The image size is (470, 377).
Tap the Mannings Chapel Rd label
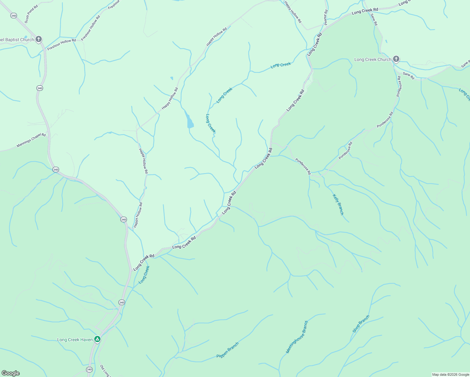coord(31,140)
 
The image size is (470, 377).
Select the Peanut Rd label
coord(326,17)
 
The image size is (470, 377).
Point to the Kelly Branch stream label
coord(338,205)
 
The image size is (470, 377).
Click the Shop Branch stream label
coord(361,324)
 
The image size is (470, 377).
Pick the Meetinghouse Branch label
coord(297,337)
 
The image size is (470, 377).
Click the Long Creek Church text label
coord(373,59)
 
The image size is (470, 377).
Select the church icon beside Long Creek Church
coord(396,59)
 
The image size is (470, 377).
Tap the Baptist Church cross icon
coord(38,39)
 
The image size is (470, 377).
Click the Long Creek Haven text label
coord(75,340)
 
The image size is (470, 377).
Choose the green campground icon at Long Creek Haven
coord(97,339)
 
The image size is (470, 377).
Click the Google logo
coord(10,373)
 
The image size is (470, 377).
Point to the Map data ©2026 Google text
coord(450,374)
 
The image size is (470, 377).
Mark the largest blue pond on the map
coord(189,121)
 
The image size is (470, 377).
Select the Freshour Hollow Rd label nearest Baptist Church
coord(62,45)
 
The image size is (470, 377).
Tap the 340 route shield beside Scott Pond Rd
coord(14,15)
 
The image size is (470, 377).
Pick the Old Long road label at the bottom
coord(105,371)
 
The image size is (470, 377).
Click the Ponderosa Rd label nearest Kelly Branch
coord(303,166)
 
